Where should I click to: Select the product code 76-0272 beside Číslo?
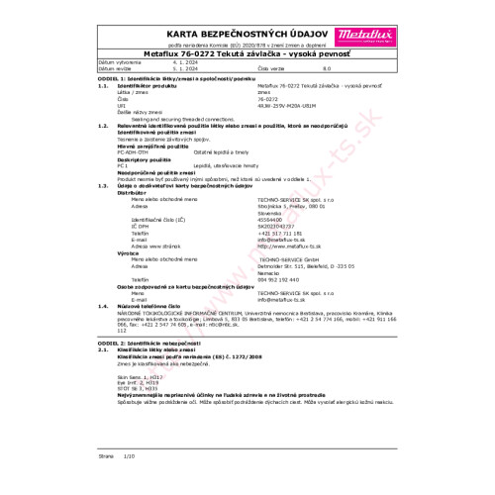pyautogui.click(x=267, y=127)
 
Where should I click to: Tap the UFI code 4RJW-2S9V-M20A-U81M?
pyautogui.click(x=286, y=133)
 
